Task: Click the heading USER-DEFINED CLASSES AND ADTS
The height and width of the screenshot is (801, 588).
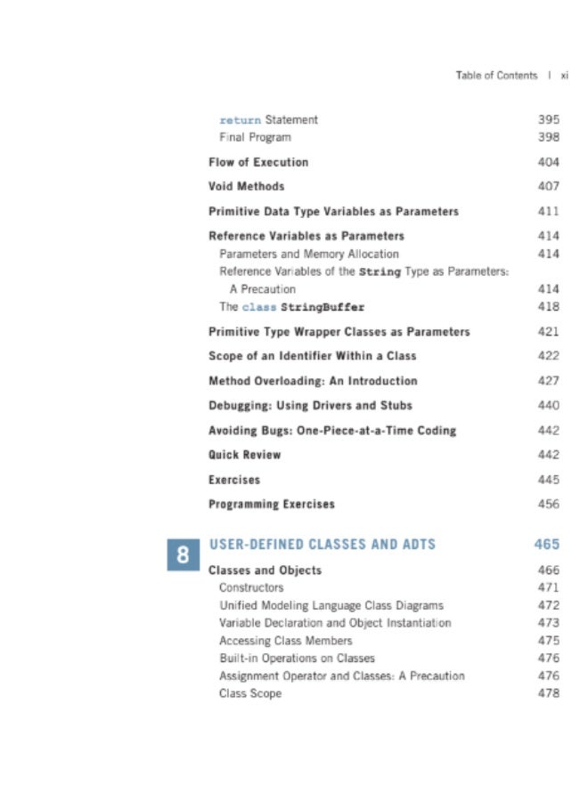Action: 322,544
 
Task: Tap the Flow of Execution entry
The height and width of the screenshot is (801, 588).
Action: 258,162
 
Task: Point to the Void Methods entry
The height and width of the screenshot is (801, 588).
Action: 247,187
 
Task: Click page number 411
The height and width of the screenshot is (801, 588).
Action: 549,212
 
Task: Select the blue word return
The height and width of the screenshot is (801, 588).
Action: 241,119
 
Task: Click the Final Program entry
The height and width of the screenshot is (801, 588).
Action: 255,137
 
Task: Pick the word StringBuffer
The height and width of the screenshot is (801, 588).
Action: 323,307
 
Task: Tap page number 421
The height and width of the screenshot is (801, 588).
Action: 549,332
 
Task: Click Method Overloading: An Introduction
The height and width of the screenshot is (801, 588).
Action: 313,381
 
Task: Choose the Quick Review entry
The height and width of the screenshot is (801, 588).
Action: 244,455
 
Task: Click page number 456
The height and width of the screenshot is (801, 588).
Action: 549,505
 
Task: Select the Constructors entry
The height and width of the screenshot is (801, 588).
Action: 251,587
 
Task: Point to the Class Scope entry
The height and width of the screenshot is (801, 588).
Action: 250,693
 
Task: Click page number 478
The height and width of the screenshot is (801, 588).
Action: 549,693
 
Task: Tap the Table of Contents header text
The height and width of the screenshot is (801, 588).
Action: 496,76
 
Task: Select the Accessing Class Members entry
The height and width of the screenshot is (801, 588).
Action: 286,641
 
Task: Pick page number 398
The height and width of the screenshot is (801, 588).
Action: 549,137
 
